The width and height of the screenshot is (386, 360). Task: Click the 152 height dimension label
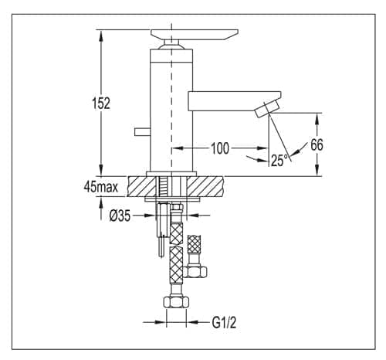(x=101, y=104)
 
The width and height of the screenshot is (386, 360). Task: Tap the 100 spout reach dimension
(x=220, y=148)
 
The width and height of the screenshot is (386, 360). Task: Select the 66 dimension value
(x=317, y=144)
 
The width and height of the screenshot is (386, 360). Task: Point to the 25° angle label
(x=279, y=161)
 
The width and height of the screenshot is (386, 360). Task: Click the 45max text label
(x=100, y=187)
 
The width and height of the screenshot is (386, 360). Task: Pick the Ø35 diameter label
(x=120, y=216)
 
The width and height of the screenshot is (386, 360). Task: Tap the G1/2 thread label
(x=224, y=322)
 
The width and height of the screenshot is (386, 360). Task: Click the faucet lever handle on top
(x=195, y=35)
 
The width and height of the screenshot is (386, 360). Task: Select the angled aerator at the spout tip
(x=267, y=109)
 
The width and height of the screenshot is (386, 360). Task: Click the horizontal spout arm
(x=234, y=101)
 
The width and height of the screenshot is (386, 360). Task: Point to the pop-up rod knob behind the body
(x=142, y=131)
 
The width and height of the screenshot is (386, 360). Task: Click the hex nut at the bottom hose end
(x=176, y=301)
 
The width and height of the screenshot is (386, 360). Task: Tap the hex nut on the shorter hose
(x=195, y=272)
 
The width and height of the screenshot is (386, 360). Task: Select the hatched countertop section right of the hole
(x=205, y=187)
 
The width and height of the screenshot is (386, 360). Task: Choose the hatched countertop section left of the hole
(x=142, y=187)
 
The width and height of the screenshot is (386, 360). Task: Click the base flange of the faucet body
(x=171, y=174)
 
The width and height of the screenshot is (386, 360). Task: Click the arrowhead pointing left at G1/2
(x=193, y=322)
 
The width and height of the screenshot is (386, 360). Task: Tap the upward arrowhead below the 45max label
(x=101, y=203)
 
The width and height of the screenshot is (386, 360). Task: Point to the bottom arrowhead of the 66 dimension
(x=317, y=170)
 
